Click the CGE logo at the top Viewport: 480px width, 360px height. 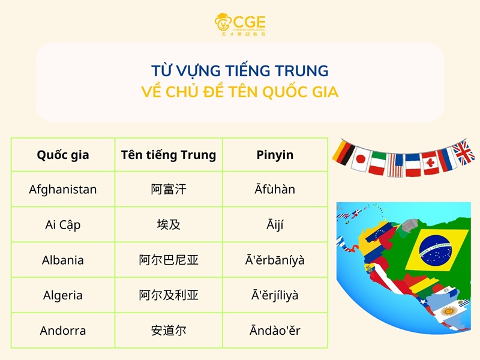pyautogui.click(x=240, y=25)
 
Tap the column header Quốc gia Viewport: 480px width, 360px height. pyautogui.click(x=63, y=155)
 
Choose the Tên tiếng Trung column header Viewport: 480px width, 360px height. pyautogui.click(x=168, y=155)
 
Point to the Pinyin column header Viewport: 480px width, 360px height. pyautogui.click(x=275, y=155)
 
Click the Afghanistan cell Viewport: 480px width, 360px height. pyautogui.click(x=63, y=190)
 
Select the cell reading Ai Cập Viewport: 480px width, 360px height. pyautogui.click(x=63, y=225)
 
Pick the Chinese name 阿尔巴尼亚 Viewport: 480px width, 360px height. pyautogui.click(x=168, y=260)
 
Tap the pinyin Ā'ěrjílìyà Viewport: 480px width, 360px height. pyautogui.click(x=275, y=295)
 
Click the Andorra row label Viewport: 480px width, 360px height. pyautogui.click(x=63, y=331)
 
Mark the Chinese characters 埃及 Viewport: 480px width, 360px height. pyautogui.click(x=168, y=225)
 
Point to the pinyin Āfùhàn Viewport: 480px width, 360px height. pyautogui.click(x=275, y=190)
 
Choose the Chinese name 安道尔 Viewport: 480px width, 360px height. pyautogui.click(x=168, y=331)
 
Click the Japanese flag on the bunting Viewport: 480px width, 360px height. pyautogui.click(x=360, y=159)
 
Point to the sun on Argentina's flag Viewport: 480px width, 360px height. pyautogui.click(x=447, y=311)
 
